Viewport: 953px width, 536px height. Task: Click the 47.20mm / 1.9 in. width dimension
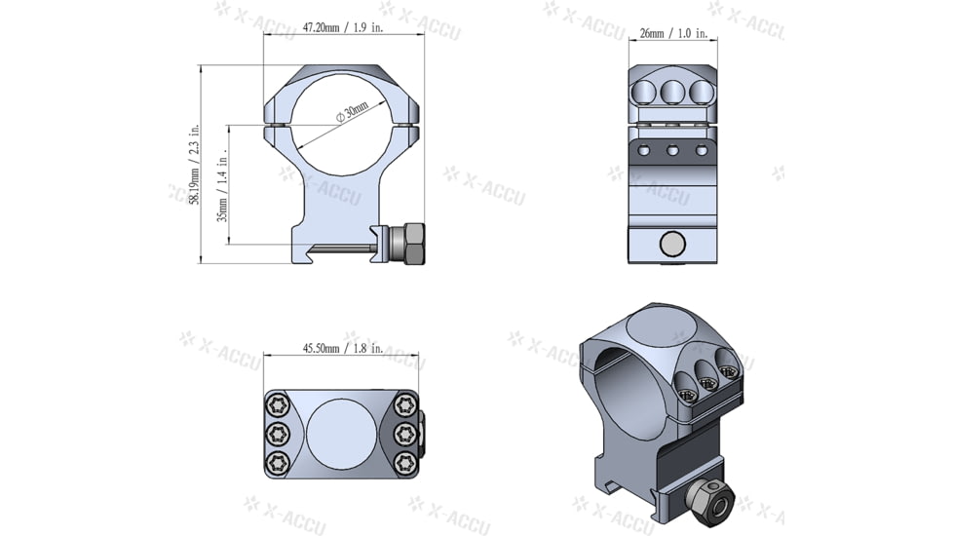point(344,28)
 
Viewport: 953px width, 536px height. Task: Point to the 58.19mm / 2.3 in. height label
point(195,164)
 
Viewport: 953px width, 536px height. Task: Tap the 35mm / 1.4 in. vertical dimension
point(222,185)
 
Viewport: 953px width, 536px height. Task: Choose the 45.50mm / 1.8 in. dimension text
point(342,348)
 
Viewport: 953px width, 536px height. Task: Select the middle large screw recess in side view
point(670,93)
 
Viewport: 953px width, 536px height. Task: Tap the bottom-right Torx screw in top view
point(403,461)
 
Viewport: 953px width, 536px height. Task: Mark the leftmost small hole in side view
point(641,150)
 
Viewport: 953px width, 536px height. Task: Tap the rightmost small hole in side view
point(701,150)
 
